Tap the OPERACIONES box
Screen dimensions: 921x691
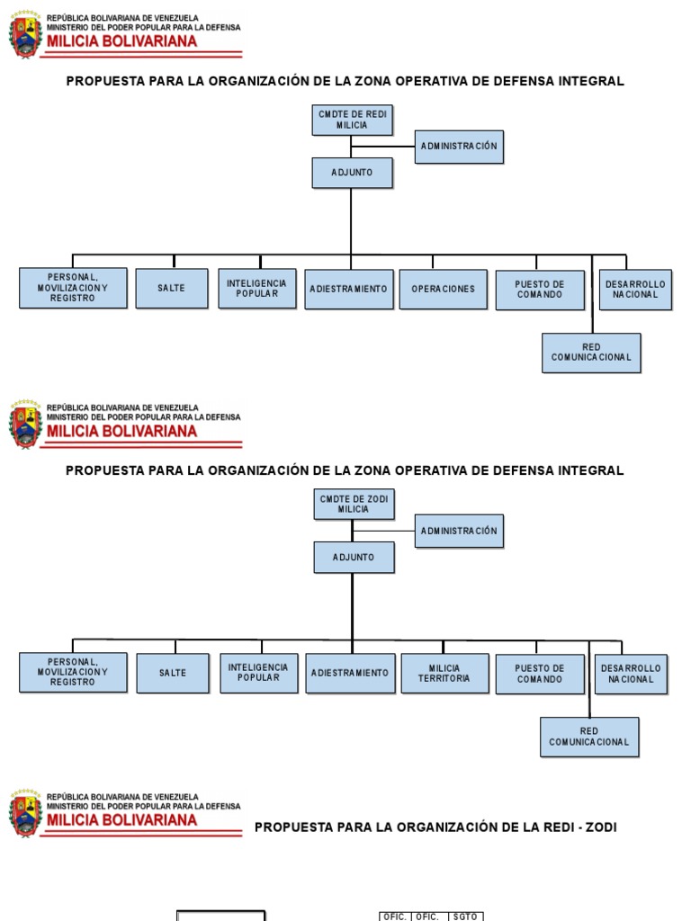[443, 289]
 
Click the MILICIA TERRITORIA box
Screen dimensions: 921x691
[444, 673]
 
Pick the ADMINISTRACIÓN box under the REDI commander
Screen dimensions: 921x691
[459, 146]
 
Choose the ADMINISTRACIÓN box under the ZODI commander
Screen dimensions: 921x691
[459, 531]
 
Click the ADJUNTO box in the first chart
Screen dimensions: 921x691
[352, 172]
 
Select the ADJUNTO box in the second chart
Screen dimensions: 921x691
[354, 557]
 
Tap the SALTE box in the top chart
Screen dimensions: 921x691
[171, 288]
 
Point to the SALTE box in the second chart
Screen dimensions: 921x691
[173, 673]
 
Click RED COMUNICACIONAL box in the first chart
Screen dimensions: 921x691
[591, 352]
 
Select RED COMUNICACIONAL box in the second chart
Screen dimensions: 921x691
[589, 737]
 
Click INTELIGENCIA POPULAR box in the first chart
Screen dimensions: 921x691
[257, 288]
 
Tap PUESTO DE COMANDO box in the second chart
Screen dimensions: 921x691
[540, 674]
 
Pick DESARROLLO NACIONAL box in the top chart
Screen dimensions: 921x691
[636, 289]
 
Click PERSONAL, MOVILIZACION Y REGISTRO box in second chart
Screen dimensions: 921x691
[73, 672]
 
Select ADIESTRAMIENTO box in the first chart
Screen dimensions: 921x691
[348, 289]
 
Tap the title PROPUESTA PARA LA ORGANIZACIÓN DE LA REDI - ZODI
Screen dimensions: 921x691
[435, 827]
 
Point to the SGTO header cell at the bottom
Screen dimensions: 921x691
[467, 917]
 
